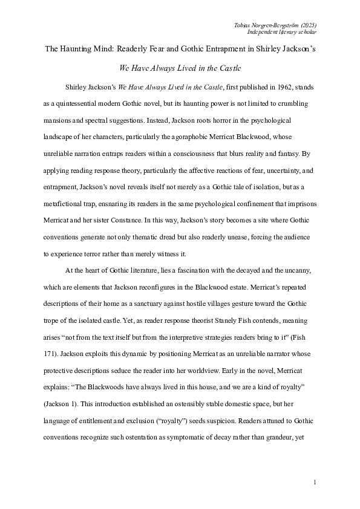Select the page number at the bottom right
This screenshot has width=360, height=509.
pos(316,482)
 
